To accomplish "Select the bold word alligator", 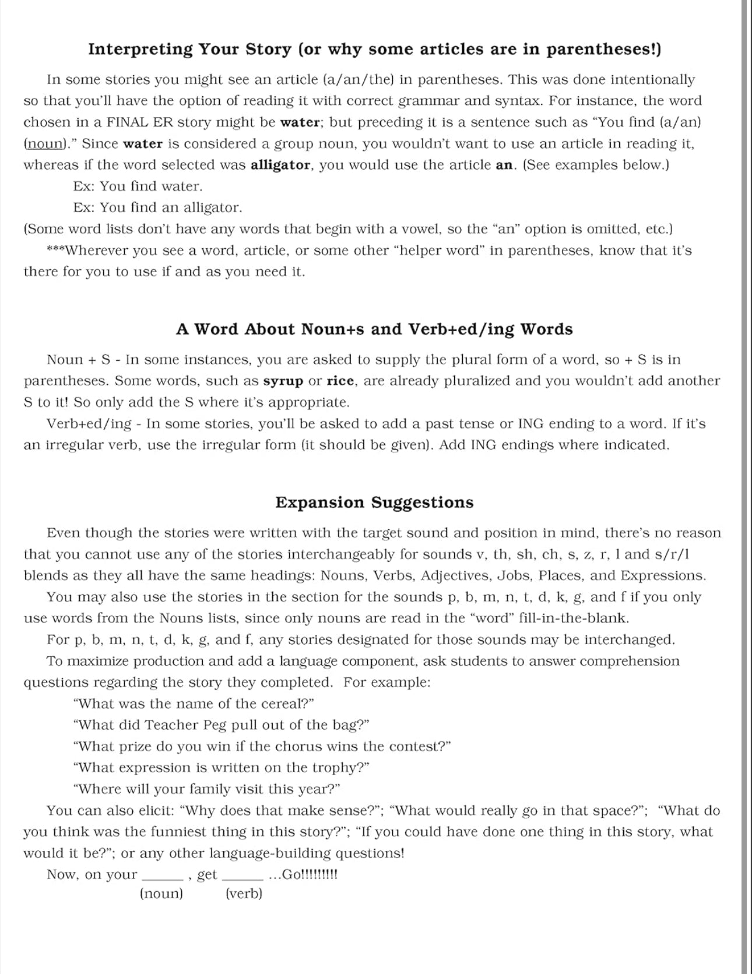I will [x=280, y=165].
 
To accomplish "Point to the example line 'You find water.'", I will [x=151, y=187].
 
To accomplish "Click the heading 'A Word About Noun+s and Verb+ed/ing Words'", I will [x=374, y=329].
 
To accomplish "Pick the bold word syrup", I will [x=283, y=381].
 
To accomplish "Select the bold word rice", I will [x=340, y=381].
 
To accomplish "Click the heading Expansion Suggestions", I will [x=374, y=502].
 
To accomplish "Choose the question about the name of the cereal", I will [x=194, y=704].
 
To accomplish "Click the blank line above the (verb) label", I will [x=243, y=878].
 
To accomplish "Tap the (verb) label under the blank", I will [x=244, y=894].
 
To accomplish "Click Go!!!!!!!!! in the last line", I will [x=309, y=874].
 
